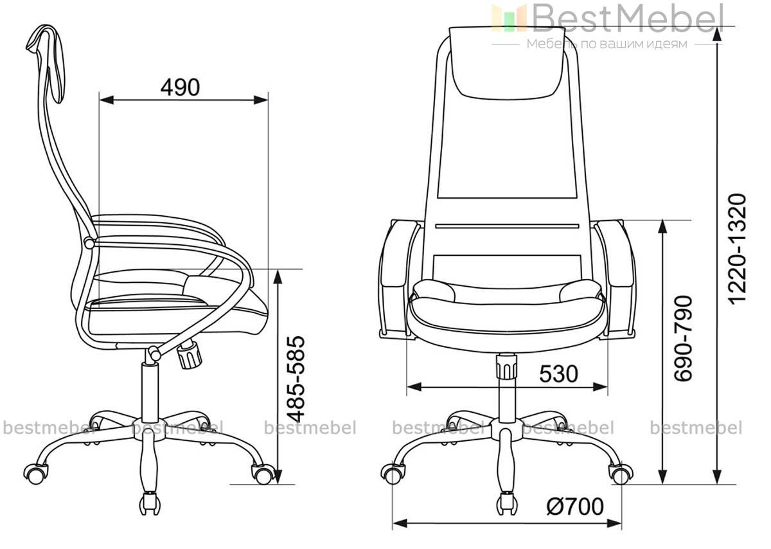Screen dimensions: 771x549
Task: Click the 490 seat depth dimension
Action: [180, 87]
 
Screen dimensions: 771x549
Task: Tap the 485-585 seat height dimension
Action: [296, 379]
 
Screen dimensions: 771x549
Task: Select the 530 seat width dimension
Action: [558, 374]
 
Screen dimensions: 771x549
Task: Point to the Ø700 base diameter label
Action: [575, 507]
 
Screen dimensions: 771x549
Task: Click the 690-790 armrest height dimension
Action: [683, 339]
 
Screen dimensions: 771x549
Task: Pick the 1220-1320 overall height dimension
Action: [738, 249]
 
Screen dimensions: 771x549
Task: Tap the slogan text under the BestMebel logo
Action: [607, 44]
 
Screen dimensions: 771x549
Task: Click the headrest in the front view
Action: [507, 63]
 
